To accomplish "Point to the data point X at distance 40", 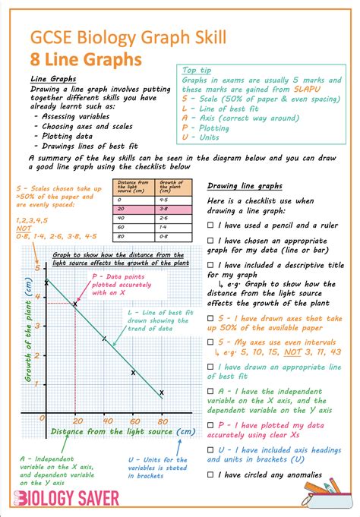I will pos(105,339).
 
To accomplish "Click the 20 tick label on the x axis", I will pos(76,421).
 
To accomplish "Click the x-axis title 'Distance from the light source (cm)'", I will pos(122,432).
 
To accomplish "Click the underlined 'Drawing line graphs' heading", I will pos(245,186).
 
